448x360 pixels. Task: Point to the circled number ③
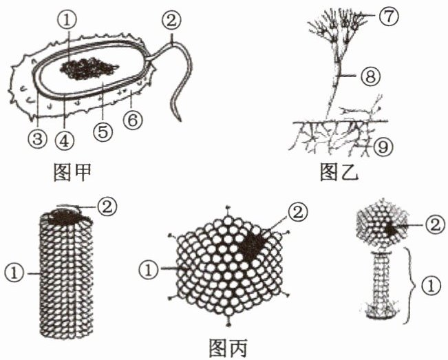37,140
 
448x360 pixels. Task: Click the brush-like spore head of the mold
334,27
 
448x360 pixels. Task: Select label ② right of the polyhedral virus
297,213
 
